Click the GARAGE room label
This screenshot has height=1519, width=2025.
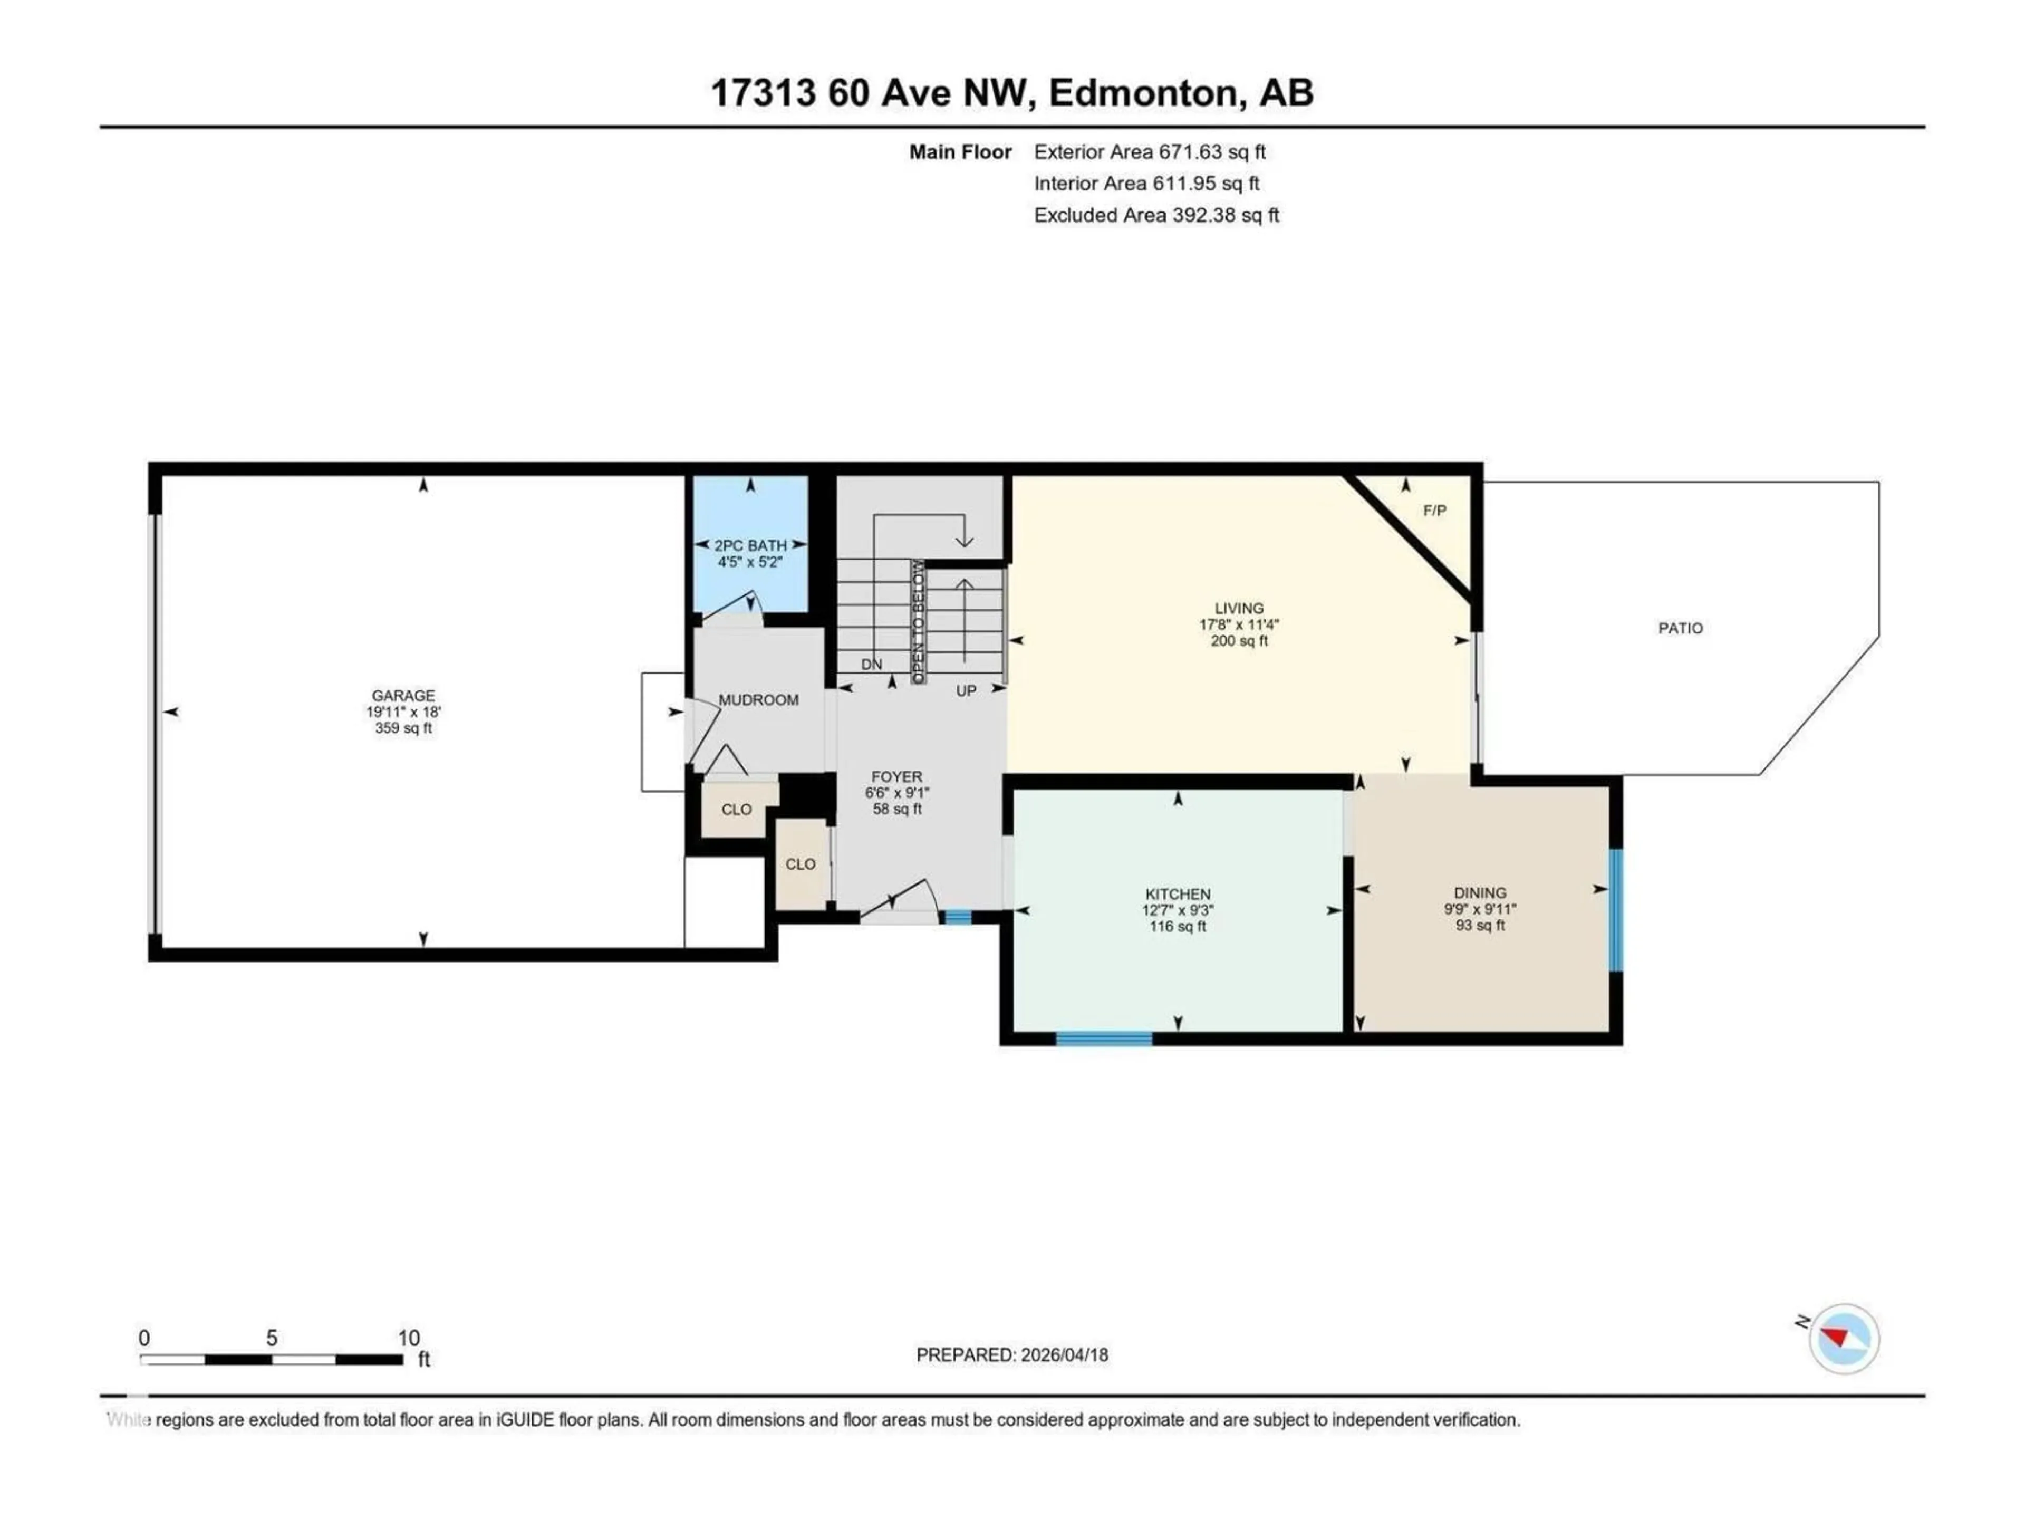pyautogui.click(x=403, y=696)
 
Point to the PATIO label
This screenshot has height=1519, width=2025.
pyautogui.click(x=1680, y=628)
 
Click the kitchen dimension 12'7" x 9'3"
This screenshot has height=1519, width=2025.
pyautogui.click(x=1177, y=910)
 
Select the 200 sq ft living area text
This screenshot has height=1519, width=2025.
pyautogui.click(x=1239, y=641)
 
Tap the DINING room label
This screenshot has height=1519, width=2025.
pyautogui.click(x=1479, y=893)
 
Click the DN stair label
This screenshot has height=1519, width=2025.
pyautogui.click(x=872, y=664)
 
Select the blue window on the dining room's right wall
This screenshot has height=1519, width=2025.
pyautogui.click(x=1616, y=910)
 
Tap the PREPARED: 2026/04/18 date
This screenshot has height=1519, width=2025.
pyautogui.click(x=1011, y=1355)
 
